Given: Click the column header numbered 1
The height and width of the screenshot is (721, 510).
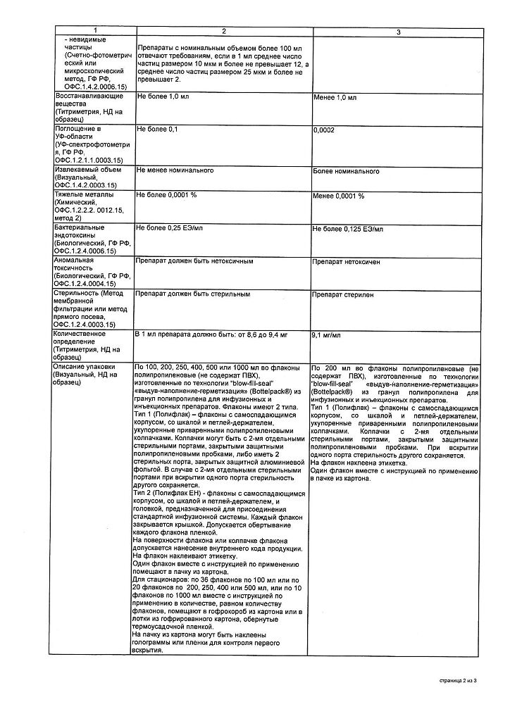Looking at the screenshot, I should [x=92, y=32].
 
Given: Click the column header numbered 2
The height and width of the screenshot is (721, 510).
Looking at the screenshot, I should [x=223, y=32].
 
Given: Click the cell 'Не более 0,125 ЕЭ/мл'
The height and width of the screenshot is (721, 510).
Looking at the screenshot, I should [x=348, y=230].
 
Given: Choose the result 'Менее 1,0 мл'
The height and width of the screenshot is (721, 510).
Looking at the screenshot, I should [x=334, y=96].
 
